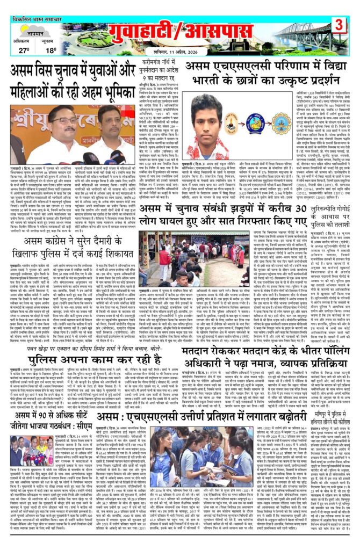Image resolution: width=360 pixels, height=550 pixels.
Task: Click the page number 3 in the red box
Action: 340,25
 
